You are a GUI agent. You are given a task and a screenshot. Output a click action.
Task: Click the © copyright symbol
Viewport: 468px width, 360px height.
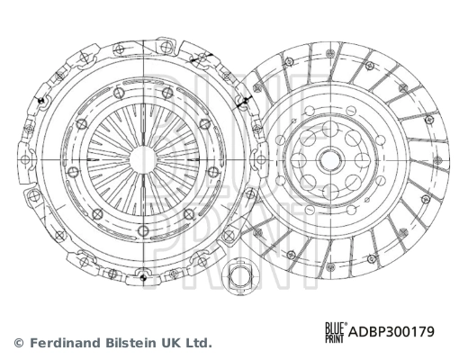(19, 343)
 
